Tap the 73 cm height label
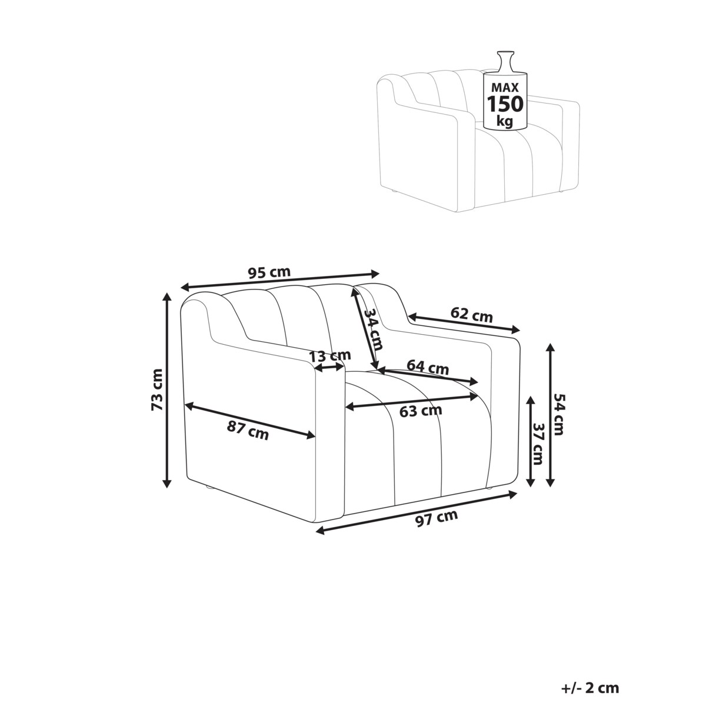(x=158, y=389)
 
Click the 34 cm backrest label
(x=375, y=329)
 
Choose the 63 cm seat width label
(x=420, y=411)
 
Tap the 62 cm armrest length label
(x=471, y=314)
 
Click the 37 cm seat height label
(x=538, y=444)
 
